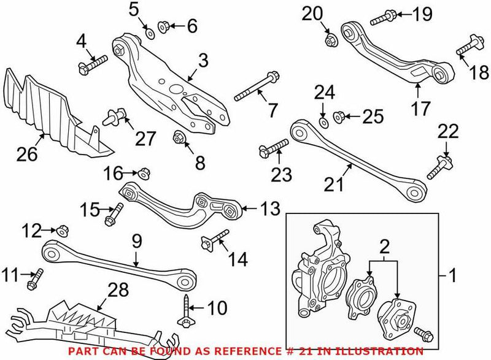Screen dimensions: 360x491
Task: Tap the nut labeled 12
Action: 64,231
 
